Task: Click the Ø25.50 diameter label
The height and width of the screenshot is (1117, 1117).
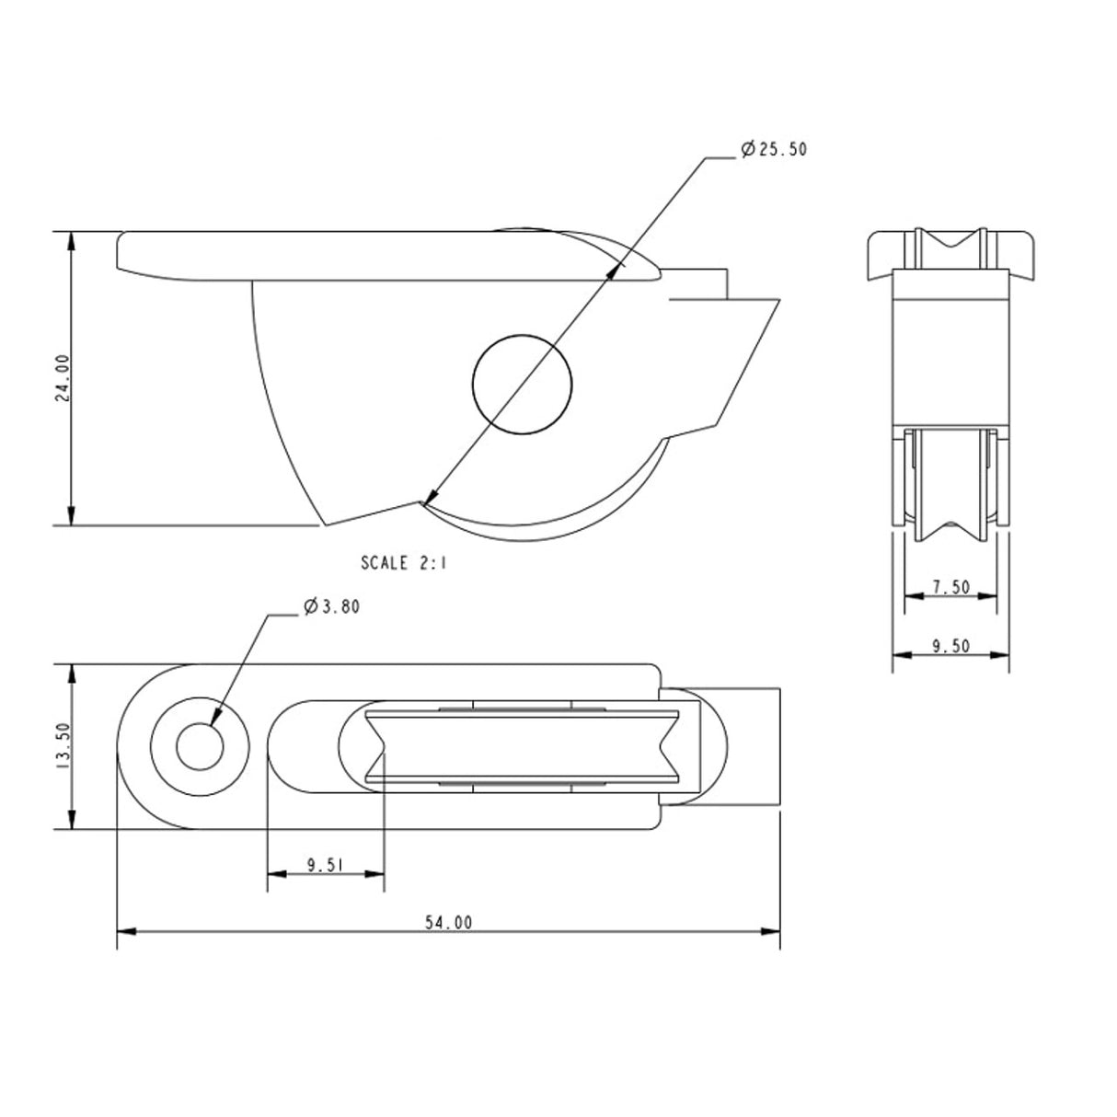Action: (773, 149)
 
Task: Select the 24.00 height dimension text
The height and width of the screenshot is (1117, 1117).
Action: (63, 378)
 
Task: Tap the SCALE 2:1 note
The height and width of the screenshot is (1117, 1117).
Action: (403, 563)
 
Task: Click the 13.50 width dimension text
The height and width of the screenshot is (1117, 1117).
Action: (63, 745)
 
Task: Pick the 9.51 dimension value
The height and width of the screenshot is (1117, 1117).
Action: (325, 864)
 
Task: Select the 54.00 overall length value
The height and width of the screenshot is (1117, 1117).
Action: (449, 922)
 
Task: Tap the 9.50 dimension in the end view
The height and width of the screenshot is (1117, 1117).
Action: (950, 646)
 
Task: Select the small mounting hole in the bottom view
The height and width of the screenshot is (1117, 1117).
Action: (200, 746)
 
